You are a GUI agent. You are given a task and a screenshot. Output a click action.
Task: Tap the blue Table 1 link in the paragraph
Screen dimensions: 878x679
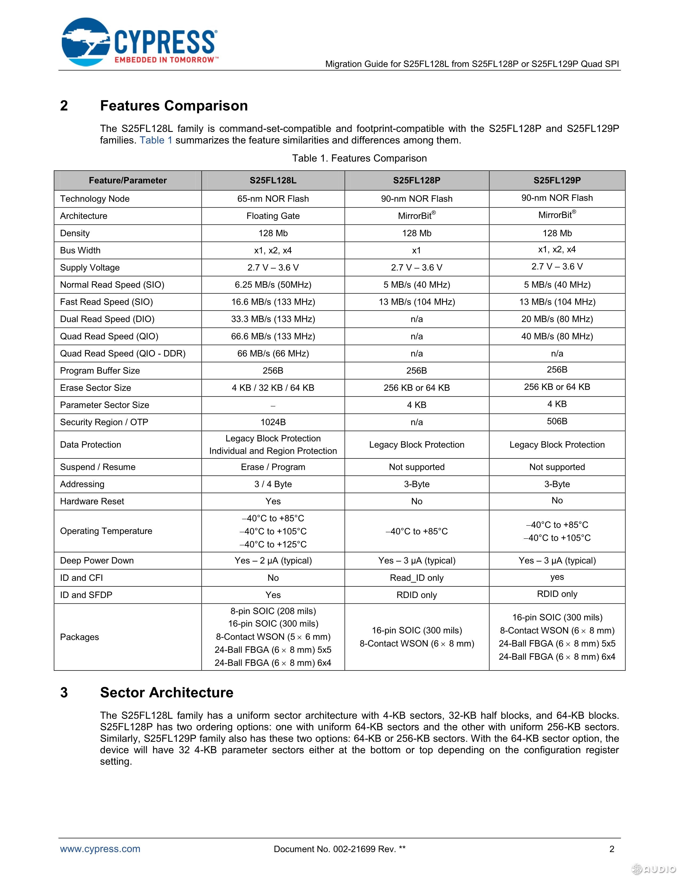[156, 140]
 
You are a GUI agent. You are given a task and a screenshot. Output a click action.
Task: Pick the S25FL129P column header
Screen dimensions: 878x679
[557, 180]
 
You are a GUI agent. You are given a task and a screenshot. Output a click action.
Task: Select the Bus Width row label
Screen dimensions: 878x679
[80, 250]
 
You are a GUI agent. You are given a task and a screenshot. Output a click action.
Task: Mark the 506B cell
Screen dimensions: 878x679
[557, 421]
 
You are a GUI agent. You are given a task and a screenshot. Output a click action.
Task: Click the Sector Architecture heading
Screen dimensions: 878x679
[166, 693]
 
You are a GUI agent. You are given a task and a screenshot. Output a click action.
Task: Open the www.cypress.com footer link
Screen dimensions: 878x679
[100, 849]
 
